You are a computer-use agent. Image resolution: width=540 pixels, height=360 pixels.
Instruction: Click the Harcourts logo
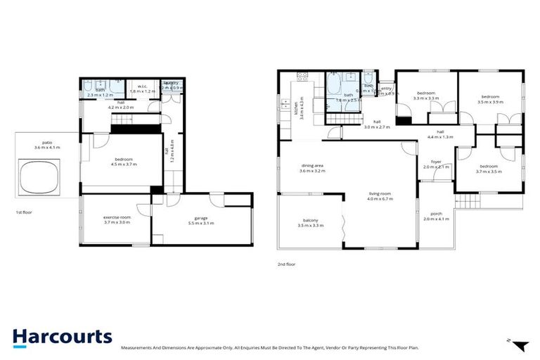[x=62, y=337]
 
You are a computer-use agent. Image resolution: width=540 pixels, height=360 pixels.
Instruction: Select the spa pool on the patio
[x=38, y=176]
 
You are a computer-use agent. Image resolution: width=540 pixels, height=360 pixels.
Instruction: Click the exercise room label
[x=117, y=219]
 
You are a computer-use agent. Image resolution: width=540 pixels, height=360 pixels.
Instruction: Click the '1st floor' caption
[x=24, y=212]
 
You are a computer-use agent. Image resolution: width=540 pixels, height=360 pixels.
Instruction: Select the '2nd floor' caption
[x=286, y=264]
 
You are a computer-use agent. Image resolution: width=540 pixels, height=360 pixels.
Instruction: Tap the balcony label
[x=310, y=223]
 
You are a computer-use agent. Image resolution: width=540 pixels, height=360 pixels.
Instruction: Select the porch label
[x=436, y=216]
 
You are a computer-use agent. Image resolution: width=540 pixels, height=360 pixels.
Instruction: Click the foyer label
[x=436, y=164]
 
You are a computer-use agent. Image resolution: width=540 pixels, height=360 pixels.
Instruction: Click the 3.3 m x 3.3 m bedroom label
[x=427, y=96]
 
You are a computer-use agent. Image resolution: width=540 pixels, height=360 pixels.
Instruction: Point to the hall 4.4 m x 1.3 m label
[x=440, y=134]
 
